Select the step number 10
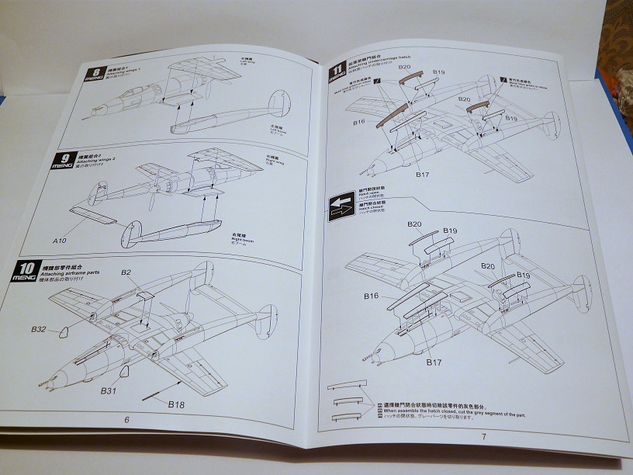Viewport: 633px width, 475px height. [x=24, y=270]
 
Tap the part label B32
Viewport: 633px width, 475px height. [x=39, y=329]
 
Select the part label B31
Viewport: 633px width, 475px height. [x=108, y=390]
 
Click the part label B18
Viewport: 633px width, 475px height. [x=177, y=403]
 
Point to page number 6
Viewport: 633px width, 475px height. [x=126, y=419]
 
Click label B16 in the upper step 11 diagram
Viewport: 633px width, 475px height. [x=358, y=123]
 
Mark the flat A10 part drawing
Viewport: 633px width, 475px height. [x=92, y=217]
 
